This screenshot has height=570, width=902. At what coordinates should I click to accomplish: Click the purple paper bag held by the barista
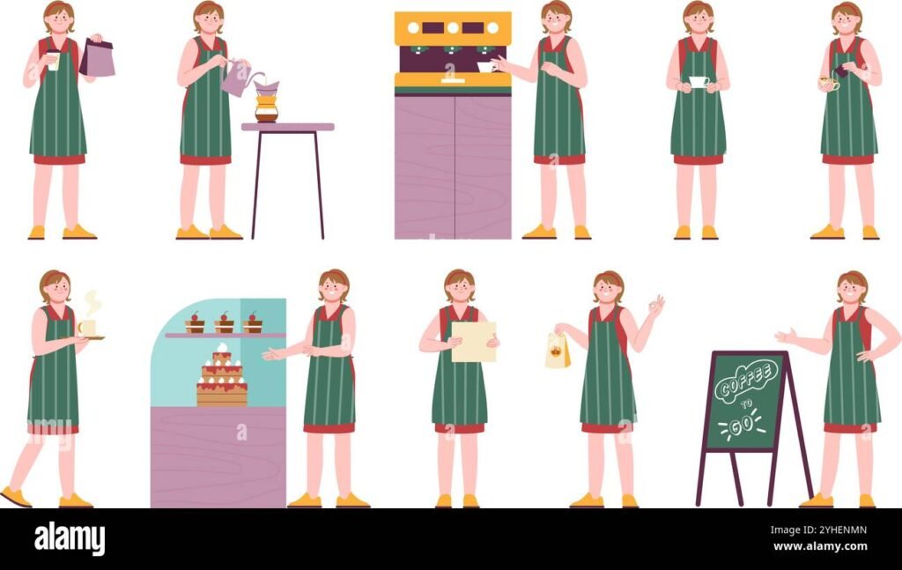point(98,59)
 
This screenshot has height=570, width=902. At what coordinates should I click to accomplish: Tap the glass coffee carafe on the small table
point(266,107)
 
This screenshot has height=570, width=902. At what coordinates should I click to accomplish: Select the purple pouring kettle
point(235,78)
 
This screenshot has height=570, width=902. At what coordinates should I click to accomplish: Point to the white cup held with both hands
point(699,82)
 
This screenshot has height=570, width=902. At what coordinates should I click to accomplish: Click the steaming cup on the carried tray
point(87,327)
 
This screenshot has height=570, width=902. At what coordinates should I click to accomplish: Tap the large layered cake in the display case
point(221,379)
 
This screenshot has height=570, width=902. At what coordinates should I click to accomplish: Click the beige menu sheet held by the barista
point(474,341)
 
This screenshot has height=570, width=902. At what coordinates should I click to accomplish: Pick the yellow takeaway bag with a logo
point(557,352)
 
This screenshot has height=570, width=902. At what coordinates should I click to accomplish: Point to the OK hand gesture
point(654,307)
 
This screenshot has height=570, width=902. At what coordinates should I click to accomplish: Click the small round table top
point(287,127)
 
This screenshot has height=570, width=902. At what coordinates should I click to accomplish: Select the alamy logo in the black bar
point(70,538)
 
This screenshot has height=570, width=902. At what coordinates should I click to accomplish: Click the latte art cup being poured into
point(828,84)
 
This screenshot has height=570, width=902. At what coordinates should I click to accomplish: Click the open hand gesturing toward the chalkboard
point(785,336)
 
